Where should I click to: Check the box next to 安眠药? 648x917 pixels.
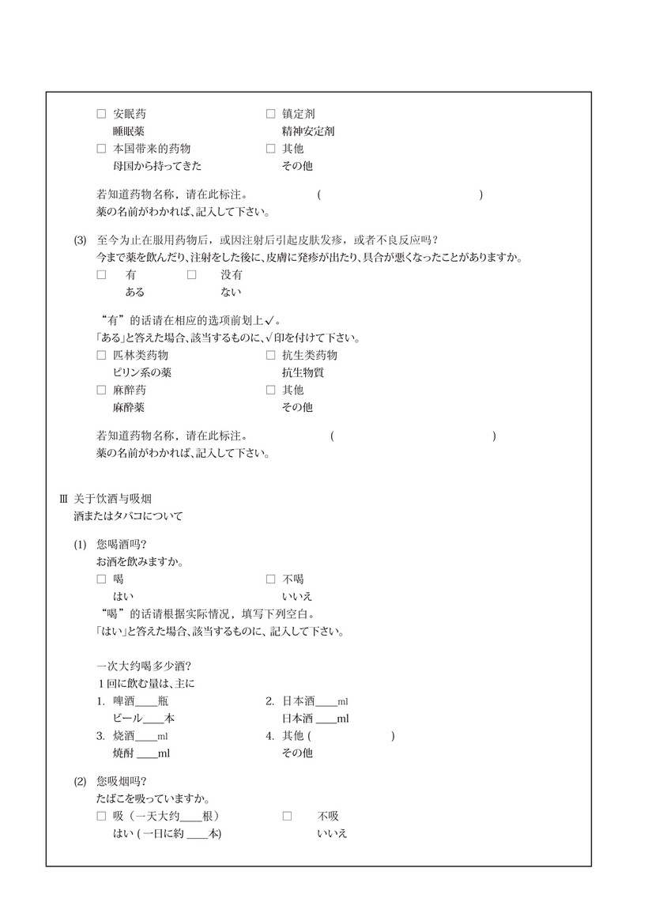click(x=101, y=114)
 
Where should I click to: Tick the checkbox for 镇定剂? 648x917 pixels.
click(x=270, y=114)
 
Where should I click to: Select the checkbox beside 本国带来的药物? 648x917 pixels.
click(x=101, y=149)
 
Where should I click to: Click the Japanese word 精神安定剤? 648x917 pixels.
click(x=307, y=131)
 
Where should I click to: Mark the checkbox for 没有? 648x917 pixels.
click(x=191, y=275)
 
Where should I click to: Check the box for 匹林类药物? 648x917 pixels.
click(x=101, y=356)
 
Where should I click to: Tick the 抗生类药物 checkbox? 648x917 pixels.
click(x=270, y=356)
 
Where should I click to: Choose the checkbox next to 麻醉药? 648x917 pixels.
click(x=101, y=390)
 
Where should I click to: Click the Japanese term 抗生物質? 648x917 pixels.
click(x=303, y=373)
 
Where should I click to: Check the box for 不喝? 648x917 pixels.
click(x=270, y=579)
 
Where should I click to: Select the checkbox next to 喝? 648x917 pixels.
click(x=101, y=579)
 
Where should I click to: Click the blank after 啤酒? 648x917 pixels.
click(x=147, y=701)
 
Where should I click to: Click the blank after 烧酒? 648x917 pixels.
click(x=146, y=736)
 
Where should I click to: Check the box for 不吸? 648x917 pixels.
click(x=287, y=816)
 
